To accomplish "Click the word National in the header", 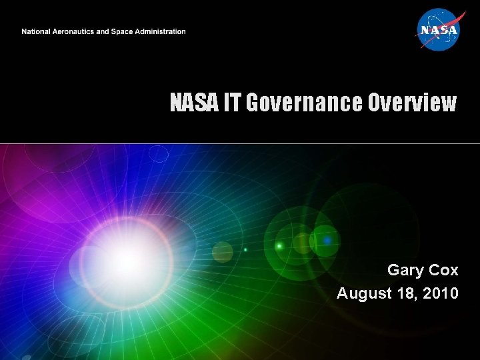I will click(x=37, y=32).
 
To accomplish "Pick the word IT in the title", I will click(x=231, y=103).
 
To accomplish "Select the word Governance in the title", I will click(x=295, y=103).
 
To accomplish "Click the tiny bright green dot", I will click(x=279, y=247).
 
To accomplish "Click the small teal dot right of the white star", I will click(x=245, y=250).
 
